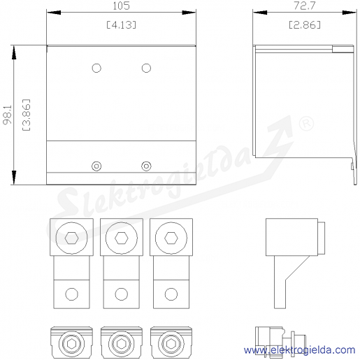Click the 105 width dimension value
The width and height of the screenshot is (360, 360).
(121, 6)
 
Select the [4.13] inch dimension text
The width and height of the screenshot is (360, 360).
(121, 24)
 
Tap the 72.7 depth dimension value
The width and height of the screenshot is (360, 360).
(305, 6)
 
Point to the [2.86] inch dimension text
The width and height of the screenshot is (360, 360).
(305, 24)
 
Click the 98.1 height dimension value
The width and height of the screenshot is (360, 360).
(8, 115)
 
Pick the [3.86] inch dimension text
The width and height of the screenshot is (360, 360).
(27, 115)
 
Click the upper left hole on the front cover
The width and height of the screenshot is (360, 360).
(96, 68)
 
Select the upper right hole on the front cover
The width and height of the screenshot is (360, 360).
(146, 68)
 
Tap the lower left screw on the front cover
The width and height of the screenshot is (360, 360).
(96, 166)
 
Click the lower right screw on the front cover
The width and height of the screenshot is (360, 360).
(146, 166)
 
